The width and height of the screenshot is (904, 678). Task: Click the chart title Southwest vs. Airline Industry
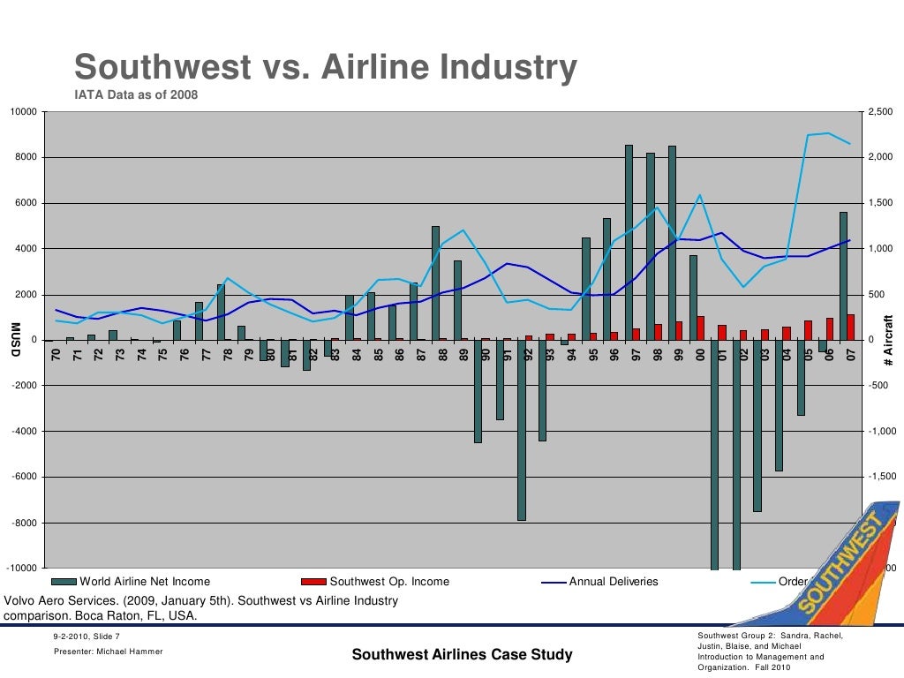point(325,67)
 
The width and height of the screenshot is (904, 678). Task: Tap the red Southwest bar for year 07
point(851,328)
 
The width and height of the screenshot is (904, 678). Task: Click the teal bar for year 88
point(435,282)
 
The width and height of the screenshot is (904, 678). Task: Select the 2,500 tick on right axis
point(881,112)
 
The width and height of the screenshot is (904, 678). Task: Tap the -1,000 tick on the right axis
point(882,432)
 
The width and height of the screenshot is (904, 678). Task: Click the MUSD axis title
point(15,341)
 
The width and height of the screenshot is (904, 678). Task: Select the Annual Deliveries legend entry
point(600,582)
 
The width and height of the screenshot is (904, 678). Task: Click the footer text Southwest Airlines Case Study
point(462,655)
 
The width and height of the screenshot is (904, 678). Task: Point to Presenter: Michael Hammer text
point(107,652)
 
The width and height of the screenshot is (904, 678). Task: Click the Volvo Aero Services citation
point(201,608)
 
